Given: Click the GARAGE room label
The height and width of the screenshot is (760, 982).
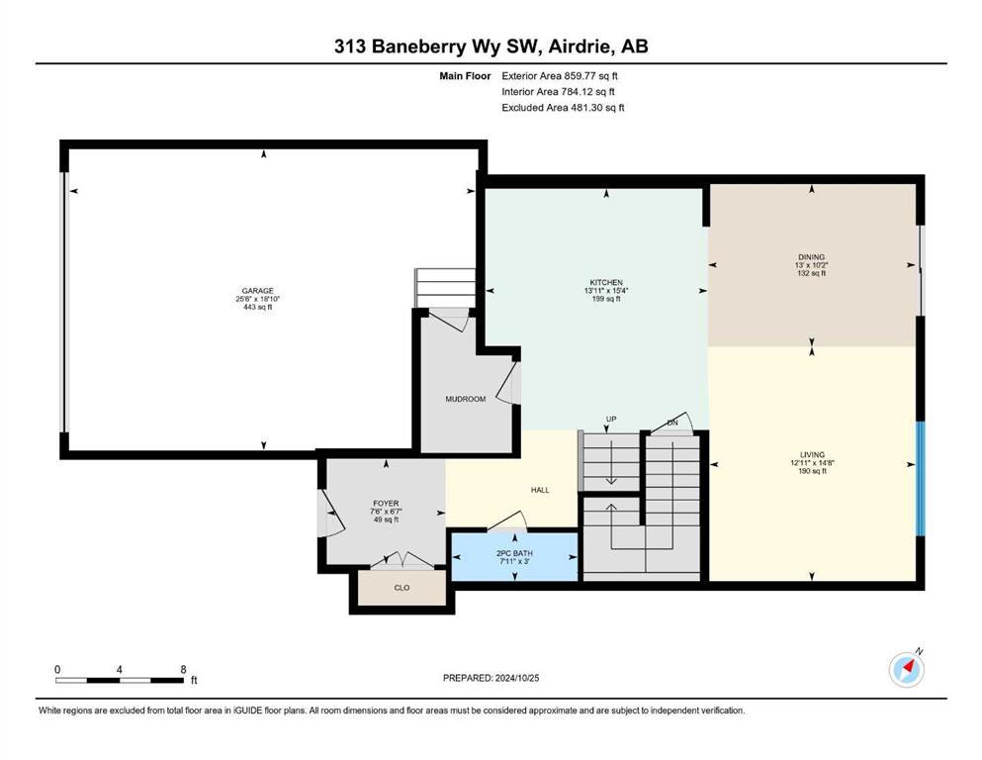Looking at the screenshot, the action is click(258, 291).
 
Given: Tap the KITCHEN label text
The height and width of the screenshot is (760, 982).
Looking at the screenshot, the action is click(606, 283).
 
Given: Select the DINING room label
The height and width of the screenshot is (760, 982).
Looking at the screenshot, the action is click(812, 257).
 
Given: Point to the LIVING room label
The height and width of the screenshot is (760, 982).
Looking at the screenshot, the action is click(812, 455).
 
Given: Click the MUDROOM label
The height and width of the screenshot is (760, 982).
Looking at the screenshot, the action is click(466, 399).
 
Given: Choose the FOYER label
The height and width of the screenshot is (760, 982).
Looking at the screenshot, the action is click(386, 503).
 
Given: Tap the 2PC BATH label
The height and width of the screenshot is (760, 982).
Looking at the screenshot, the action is click(515, 553).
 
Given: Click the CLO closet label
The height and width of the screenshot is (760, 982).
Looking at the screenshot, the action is click(402, 588).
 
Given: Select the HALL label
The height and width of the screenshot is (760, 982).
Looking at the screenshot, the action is click(540, 490).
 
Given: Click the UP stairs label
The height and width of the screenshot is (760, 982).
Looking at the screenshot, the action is click(611, 420).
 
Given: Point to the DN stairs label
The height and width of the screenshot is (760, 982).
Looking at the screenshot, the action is click(672, 423).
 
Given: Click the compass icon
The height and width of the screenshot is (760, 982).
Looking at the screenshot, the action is click(907, 669).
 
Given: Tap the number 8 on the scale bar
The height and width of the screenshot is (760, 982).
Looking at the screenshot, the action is click(184, 669).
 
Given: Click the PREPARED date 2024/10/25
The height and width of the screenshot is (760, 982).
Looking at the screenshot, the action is click(517, 678).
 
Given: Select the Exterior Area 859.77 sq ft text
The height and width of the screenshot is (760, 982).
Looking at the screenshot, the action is click(560, 76).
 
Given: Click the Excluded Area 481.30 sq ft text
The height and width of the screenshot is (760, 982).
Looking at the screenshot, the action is click(563, 107).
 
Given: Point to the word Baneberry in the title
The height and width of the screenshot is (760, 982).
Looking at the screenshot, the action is click(418, 47).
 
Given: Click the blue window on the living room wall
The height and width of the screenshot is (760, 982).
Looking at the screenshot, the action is click(921, 479).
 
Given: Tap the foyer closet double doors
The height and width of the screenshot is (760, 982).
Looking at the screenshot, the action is click(402, 561).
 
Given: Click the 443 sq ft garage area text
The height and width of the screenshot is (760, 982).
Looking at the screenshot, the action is click(258, 307).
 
